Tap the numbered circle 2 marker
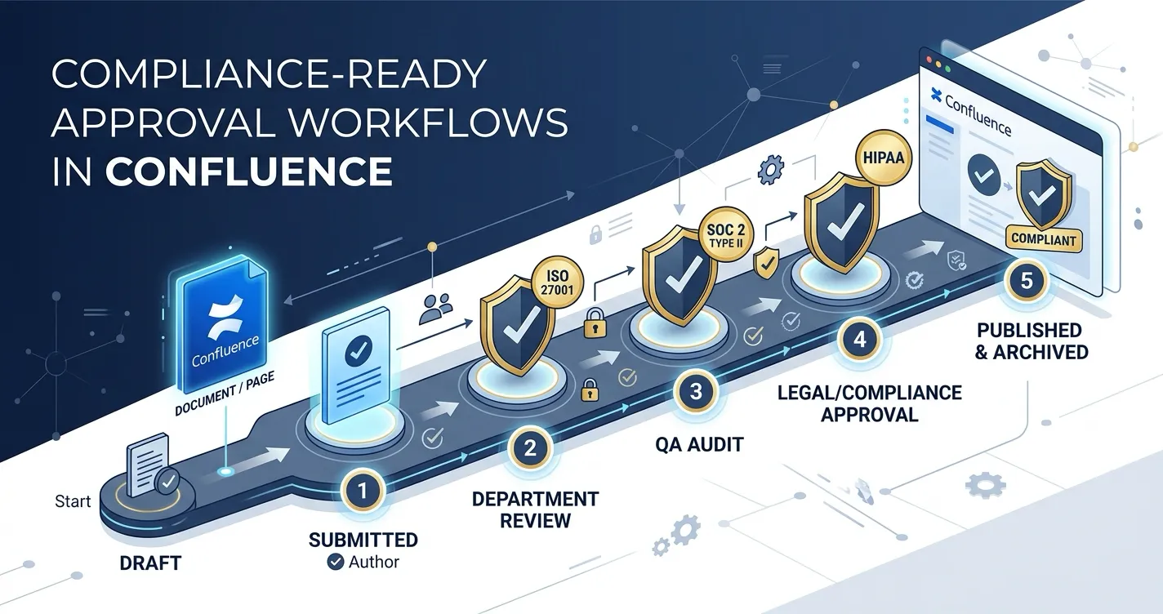click(529, 448)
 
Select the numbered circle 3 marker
click(695, 391)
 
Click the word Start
click(73, 501)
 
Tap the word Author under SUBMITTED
click(374, 562)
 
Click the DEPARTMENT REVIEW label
click(535, 509)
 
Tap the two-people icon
click(435, 306)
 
